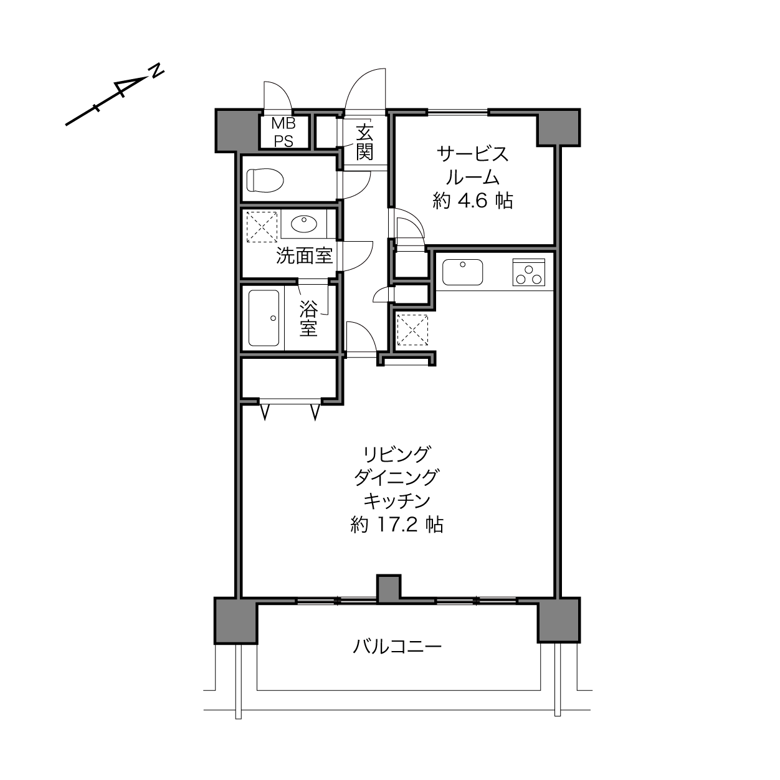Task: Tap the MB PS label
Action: pyautogui.click(x=283, y=132)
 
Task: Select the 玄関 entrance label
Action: pyautogui.click(x=364, y=142)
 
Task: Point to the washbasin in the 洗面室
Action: pyautogui.click(x=304, y=224)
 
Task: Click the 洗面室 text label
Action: pyautogui.click(x=305, y=256)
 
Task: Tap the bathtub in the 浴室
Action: pyautogui.click(x=264, y=318)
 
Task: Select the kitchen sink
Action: pyautogui.click(x=463, y=272)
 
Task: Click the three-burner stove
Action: pyautogui.click(x=529, y=272)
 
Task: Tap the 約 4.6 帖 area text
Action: pyautogui.click(x=472, y=201)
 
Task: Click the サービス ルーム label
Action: pyautogui.click(x=472, y=166)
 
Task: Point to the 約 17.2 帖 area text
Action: pyautogui.click(x=397, y=525)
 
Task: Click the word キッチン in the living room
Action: pyautogui.click(x=397, y=501)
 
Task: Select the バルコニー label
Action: pyautogui.click(x=397, y=647)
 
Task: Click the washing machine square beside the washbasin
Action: pyautogui.click(x=262, y=226)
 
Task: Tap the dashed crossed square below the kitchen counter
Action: pyautogui.click(x=412, y=330)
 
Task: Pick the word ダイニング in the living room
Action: pyautogui.click(x=397, y=478)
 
